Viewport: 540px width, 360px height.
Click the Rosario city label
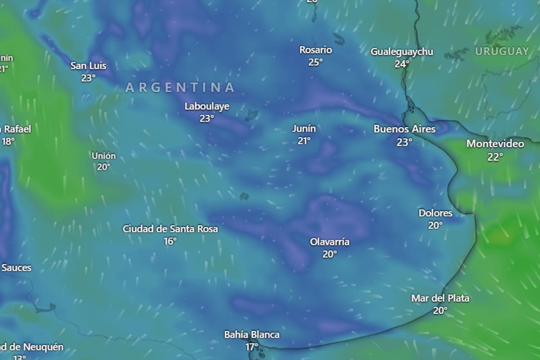click(315, 50)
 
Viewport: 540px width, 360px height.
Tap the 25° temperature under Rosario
click(315, 62)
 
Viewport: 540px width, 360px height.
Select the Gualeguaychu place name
click(402, 52)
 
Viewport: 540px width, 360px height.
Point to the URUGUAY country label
click(502, 51)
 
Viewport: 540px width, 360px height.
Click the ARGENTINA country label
click(180, 87)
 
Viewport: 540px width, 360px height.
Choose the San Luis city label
click(88, 66)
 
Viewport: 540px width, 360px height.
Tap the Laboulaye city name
click(207, 106)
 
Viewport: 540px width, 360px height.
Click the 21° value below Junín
click(304, 141)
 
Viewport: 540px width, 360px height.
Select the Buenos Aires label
click(405, 129)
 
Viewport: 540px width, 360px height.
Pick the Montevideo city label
click(495, 144)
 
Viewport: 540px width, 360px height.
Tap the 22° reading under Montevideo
click(495, 157)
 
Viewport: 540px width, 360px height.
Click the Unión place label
click(103, 156)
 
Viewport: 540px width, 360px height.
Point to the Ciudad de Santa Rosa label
click(170, 229)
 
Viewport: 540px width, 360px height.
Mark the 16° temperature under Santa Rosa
click(170, 241)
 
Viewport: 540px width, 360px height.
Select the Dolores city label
click(435, 213)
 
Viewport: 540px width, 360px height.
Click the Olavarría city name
click(329, 242)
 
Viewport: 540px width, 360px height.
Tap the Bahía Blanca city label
click(252, 335)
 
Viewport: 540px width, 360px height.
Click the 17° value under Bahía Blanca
click(252, 347)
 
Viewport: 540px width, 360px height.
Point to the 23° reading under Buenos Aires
click(404, 142)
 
